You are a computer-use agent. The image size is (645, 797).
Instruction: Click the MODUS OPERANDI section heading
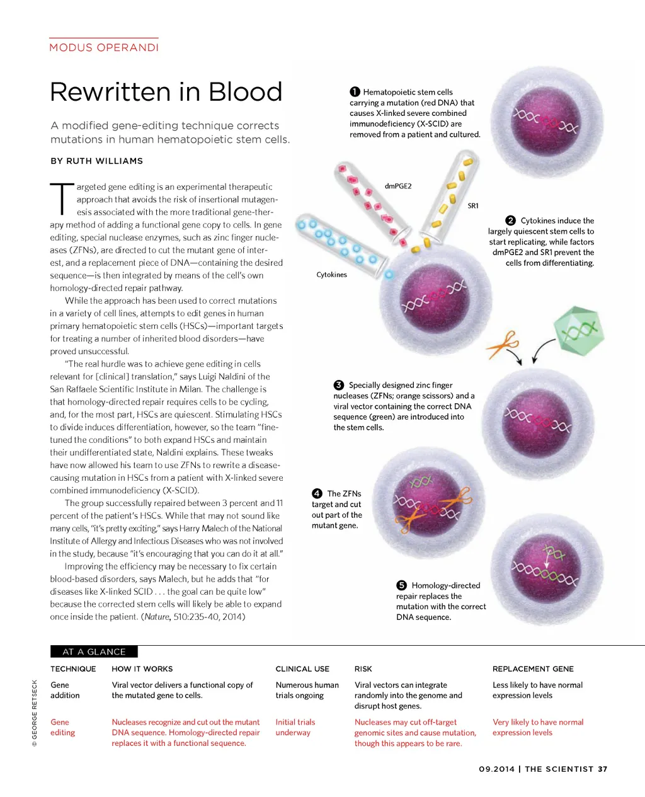(x=104, y=47)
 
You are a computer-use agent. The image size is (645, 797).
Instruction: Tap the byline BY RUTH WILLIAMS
(x=96, y=161)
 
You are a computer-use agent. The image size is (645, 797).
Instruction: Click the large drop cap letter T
(x=61, y=198)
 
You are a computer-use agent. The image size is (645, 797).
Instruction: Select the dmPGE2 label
(x=398, y=186)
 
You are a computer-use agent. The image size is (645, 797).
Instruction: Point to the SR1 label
(x=473, y=205)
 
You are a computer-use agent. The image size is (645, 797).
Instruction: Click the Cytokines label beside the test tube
(x=331, y=275)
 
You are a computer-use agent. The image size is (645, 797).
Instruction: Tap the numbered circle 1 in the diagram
(x=355, y=92)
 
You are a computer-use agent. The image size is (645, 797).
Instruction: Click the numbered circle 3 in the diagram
(x=339, y=385)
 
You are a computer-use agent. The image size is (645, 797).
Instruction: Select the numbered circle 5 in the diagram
(x=402, y=585)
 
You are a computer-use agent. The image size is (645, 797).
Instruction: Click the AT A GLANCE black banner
(x=94, y=651)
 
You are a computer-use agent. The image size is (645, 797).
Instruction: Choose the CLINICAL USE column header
(x=302, y=668)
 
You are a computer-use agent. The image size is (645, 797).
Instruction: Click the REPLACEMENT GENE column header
(x=533, y=668)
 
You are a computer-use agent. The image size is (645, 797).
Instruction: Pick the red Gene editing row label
(x=62, y=727)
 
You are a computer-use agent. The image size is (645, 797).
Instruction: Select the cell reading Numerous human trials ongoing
(x=307, y=690)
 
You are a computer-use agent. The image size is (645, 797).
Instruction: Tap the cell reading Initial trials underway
(x=295, y=727)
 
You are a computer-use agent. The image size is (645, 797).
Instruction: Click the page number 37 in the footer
(x=603, y=769)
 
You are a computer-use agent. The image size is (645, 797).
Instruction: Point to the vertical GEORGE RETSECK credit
(x=35, y=713)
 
